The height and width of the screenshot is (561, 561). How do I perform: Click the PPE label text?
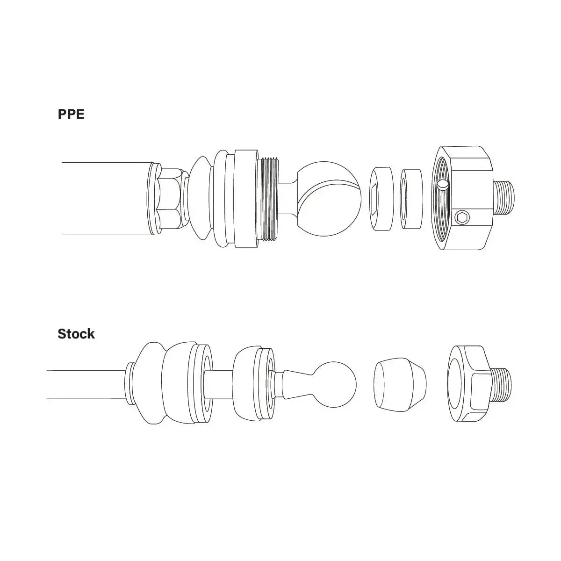click(71, 115)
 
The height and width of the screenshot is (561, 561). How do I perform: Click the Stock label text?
click(76, 334)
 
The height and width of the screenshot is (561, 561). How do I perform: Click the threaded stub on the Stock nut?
click(502, 384)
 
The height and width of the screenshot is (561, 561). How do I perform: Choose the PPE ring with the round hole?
click(412, 198)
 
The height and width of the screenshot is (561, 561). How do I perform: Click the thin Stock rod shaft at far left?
click(84, 384)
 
